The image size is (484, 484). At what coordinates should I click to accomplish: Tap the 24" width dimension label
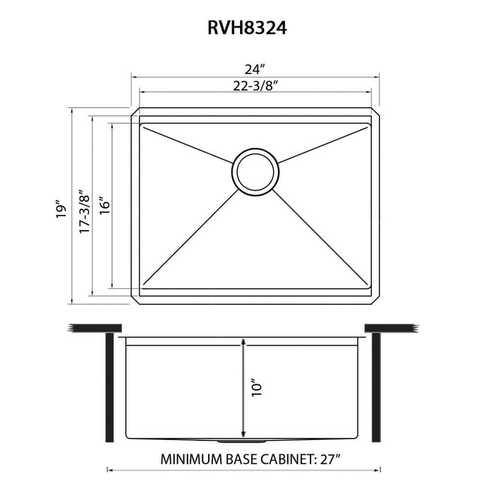pos(254,69)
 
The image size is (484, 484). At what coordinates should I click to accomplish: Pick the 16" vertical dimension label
pos(104,205)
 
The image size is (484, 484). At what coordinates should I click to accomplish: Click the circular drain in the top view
pos(255,169)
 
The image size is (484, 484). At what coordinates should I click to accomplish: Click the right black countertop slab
pos(389,326)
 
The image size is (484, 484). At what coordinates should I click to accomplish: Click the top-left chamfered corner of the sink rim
pos(136,112)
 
